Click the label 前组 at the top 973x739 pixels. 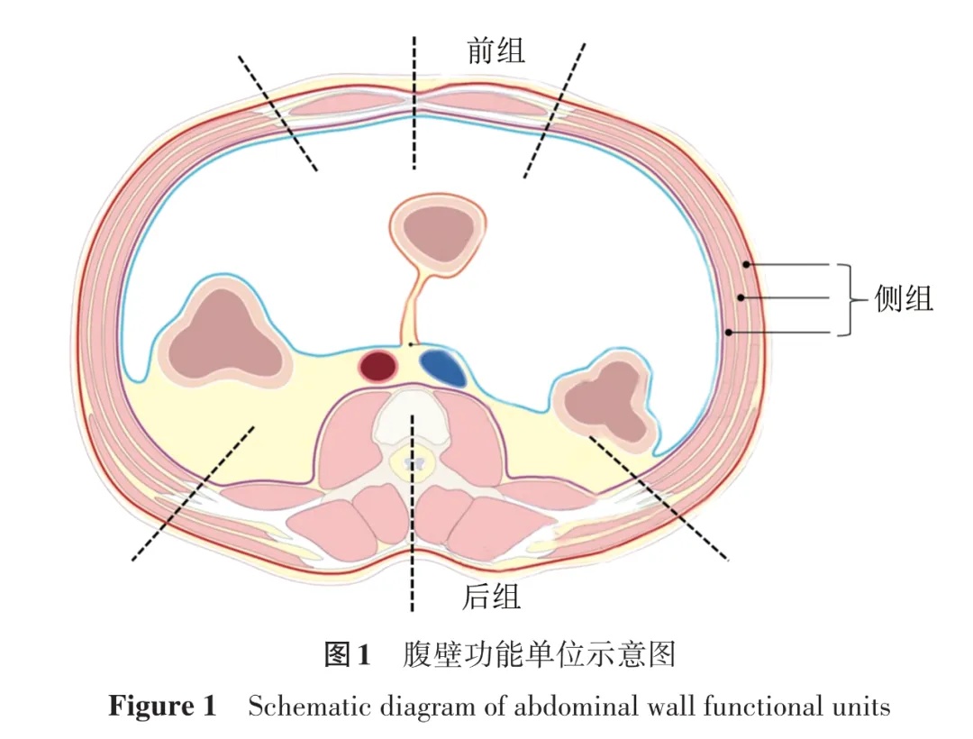pos(496,50)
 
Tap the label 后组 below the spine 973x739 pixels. pos(491,596)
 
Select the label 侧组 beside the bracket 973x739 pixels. pos(904,298)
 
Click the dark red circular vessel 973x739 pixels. pos(378,366)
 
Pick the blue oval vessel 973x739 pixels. pos(443,367)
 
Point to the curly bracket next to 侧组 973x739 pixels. pos(845,299)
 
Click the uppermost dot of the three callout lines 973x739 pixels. pos(747,264)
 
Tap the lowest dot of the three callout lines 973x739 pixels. pos(728,333)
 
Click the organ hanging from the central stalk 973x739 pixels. pos(437,230)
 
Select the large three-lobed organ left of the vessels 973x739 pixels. pos(224,334)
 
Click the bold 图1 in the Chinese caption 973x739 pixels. pos(347,653)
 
